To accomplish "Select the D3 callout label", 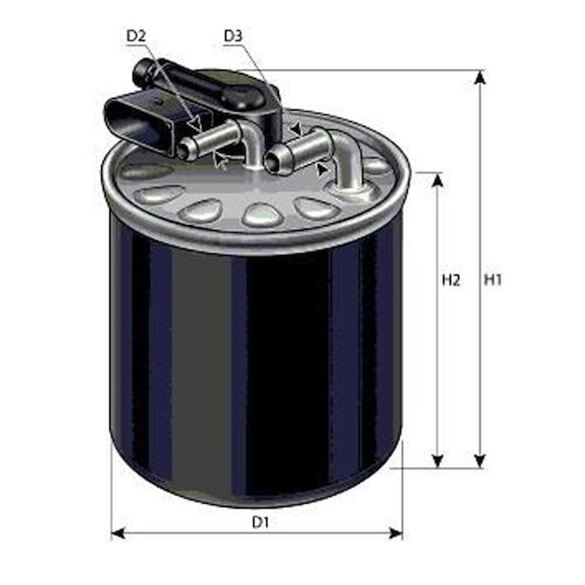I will tap(233, 36).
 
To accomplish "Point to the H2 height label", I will tap(451, 280).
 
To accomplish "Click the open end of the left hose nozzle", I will tap(187, 148).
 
